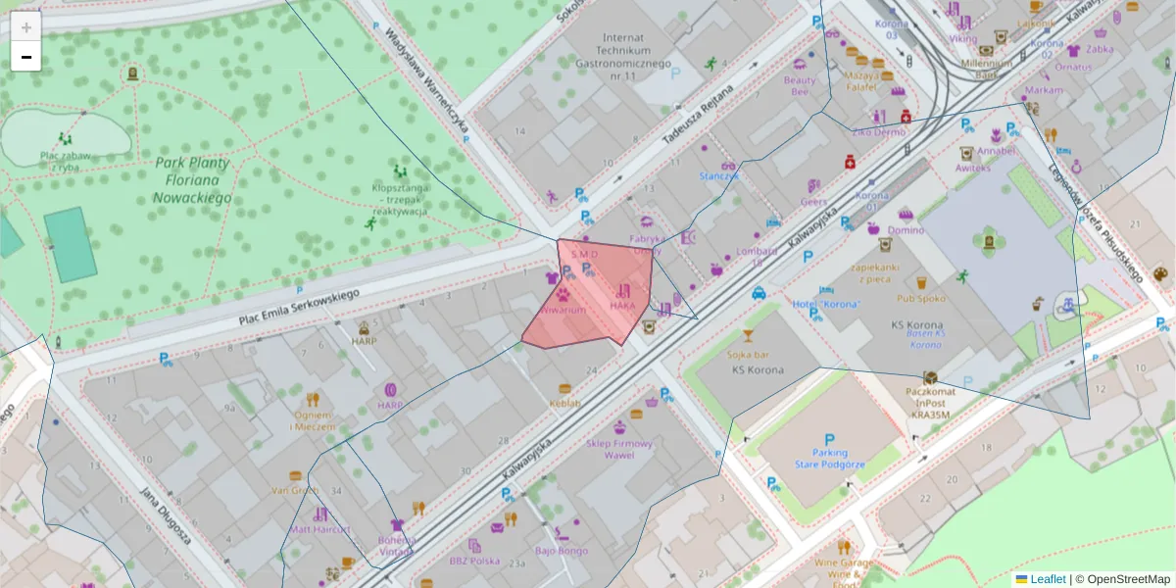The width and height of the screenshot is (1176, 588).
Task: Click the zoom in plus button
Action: (26, 27)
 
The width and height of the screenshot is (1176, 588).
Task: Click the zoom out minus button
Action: (26, 57)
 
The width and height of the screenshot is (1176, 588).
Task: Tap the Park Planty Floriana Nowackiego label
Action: (192, 180)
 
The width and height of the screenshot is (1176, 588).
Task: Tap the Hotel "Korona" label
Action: (825, 304)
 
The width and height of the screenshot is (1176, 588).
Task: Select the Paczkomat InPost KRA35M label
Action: (930, 402)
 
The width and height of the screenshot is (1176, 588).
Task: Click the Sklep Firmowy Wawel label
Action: (618, 449)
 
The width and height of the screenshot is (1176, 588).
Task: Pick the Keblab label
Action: (564, 403)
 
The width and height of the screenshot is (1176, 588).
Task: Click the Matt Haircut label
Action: (319, 529)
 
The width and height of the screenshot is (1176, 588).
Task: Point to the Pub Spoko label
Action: (920, 298)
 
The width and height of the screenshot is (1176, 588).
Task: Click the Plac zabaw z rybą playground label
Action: (66, 161)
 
